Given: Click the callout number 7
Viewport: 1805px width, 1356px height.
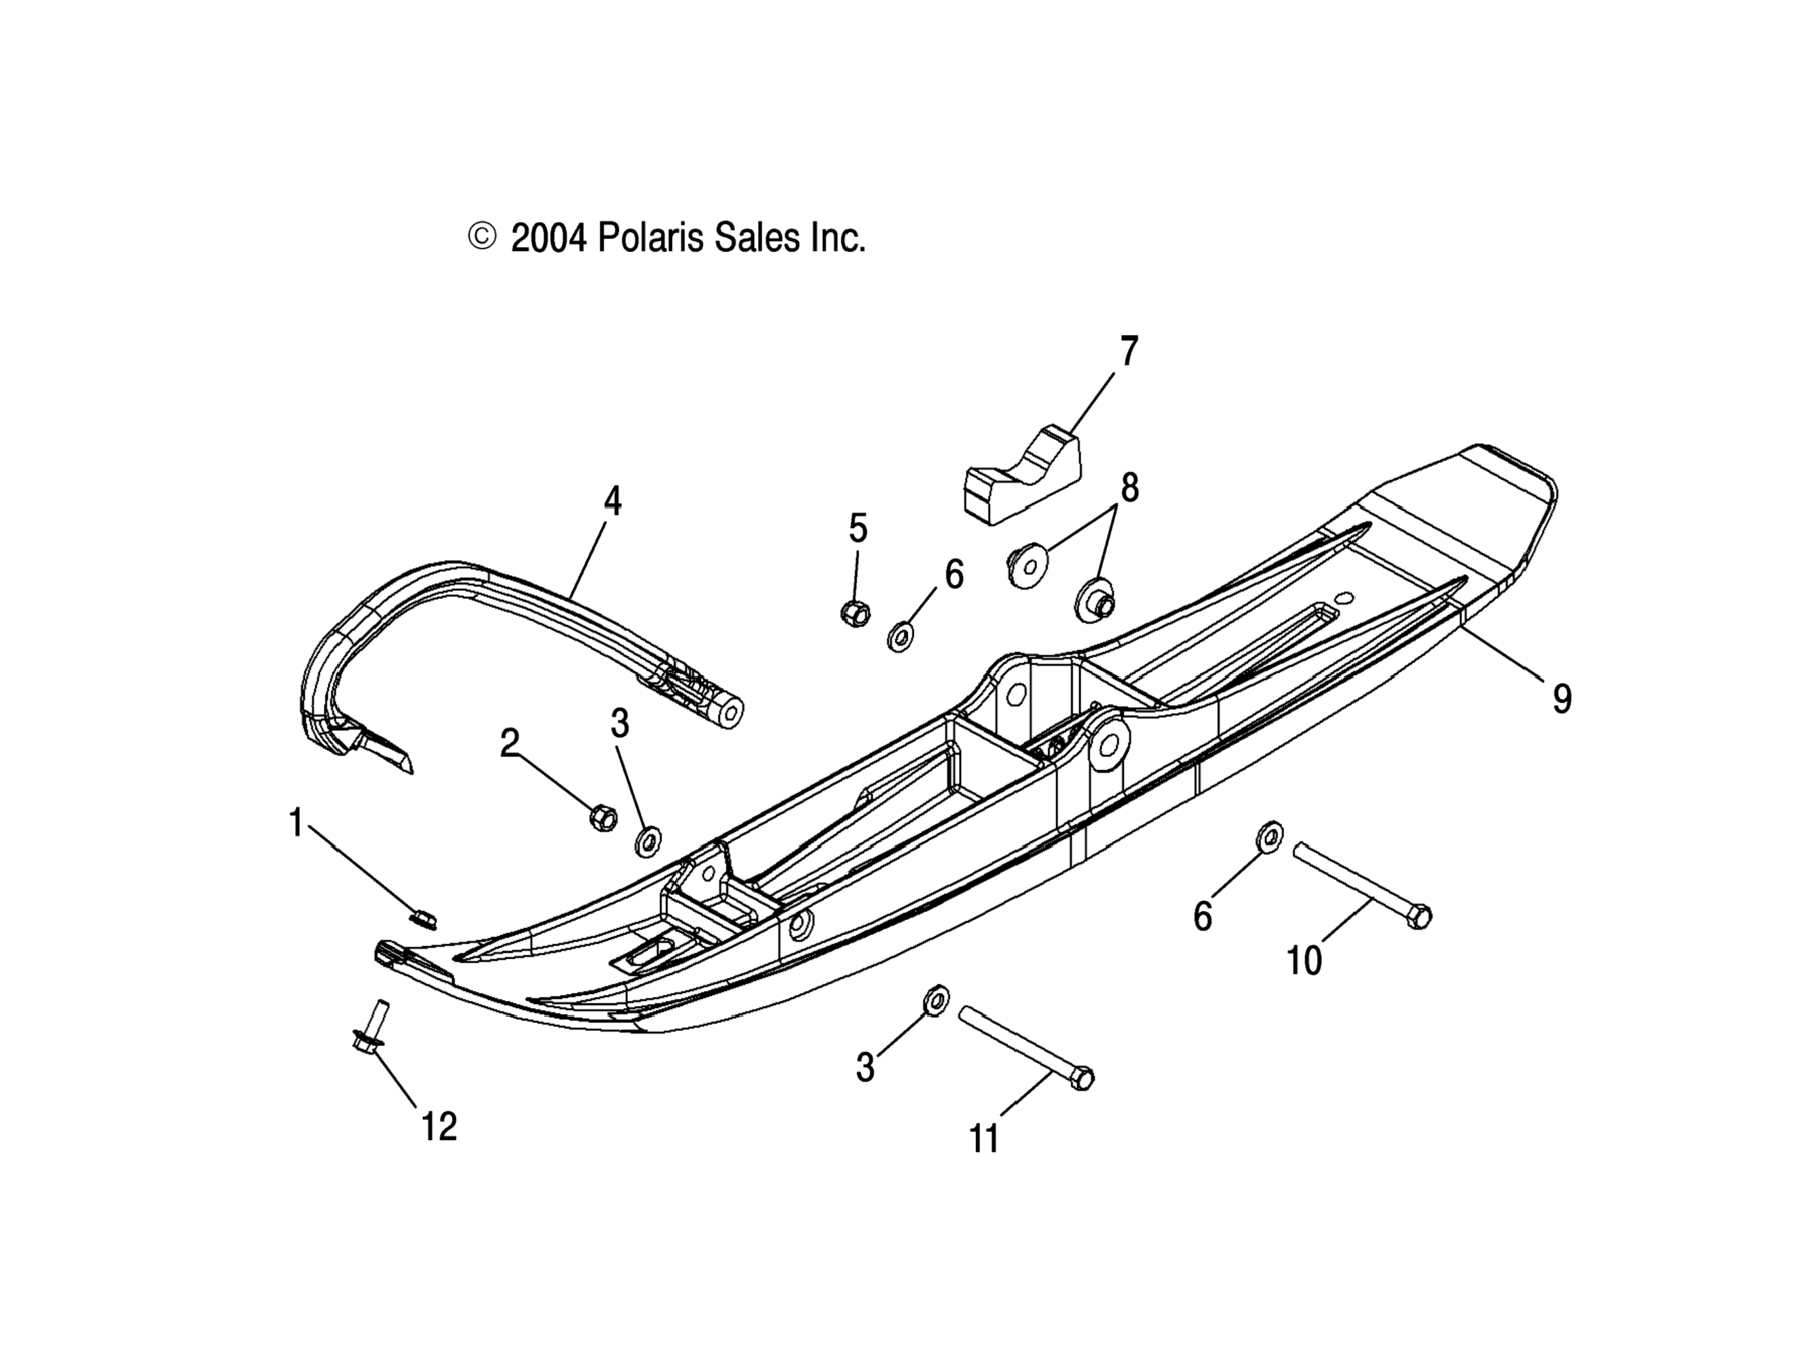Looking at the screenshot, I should (1128, 352).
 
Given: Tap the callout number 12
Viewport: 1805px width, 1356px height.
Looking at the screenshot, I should (439, 1127).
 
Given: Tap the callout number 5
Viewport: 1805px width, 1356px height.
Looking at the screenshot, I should (858, 528).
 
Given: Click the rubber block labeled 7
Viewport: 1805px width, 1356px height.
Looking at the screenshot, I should (1023, 477).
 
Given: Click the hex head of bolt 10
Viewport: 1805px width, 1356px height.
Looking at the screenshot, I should (1420, 915).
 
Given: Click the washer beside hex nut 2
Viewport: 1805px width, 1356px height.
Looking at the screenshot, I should (648, 841).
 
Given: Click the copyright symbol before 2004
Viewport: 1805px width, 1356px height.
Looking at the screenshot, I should (481, 236).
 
